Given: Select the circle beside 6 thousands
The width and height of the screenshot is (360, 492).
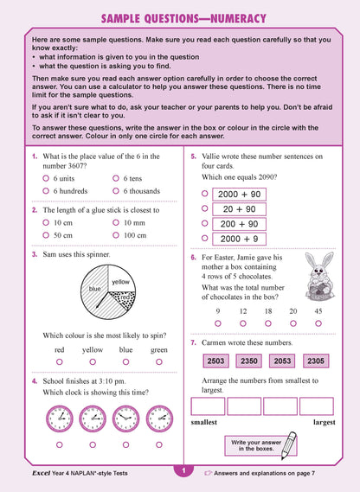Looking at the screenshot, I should click(116, 190).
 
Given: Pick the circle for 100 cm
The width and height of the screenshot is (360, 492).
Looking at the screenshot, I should click(116, 234).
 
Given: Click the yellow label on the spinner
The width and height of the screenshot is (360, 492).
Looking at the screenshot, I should click(120, 282).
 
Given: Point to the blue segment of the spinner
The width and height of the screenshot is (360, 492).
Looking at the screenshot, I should click(94, 289).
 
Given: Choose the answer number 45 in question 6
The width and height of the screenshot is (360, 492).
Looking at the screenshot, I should click(318, 310).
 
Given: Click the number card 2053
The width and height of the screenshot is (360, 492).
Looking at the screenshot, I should click(283, 361).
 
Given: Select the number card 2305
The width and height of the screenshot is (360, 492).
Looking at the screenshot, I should click(316, 361).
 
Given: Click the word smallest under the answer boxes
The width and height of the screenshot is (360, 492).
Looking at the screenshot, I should click(203, 422).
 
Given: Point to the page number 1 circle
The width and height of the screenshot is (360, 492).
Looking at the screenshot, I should click(182, 470).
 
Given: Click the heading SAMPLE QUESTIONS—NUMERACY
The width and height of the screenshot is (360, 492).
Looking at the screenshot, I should click(179, 18).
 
